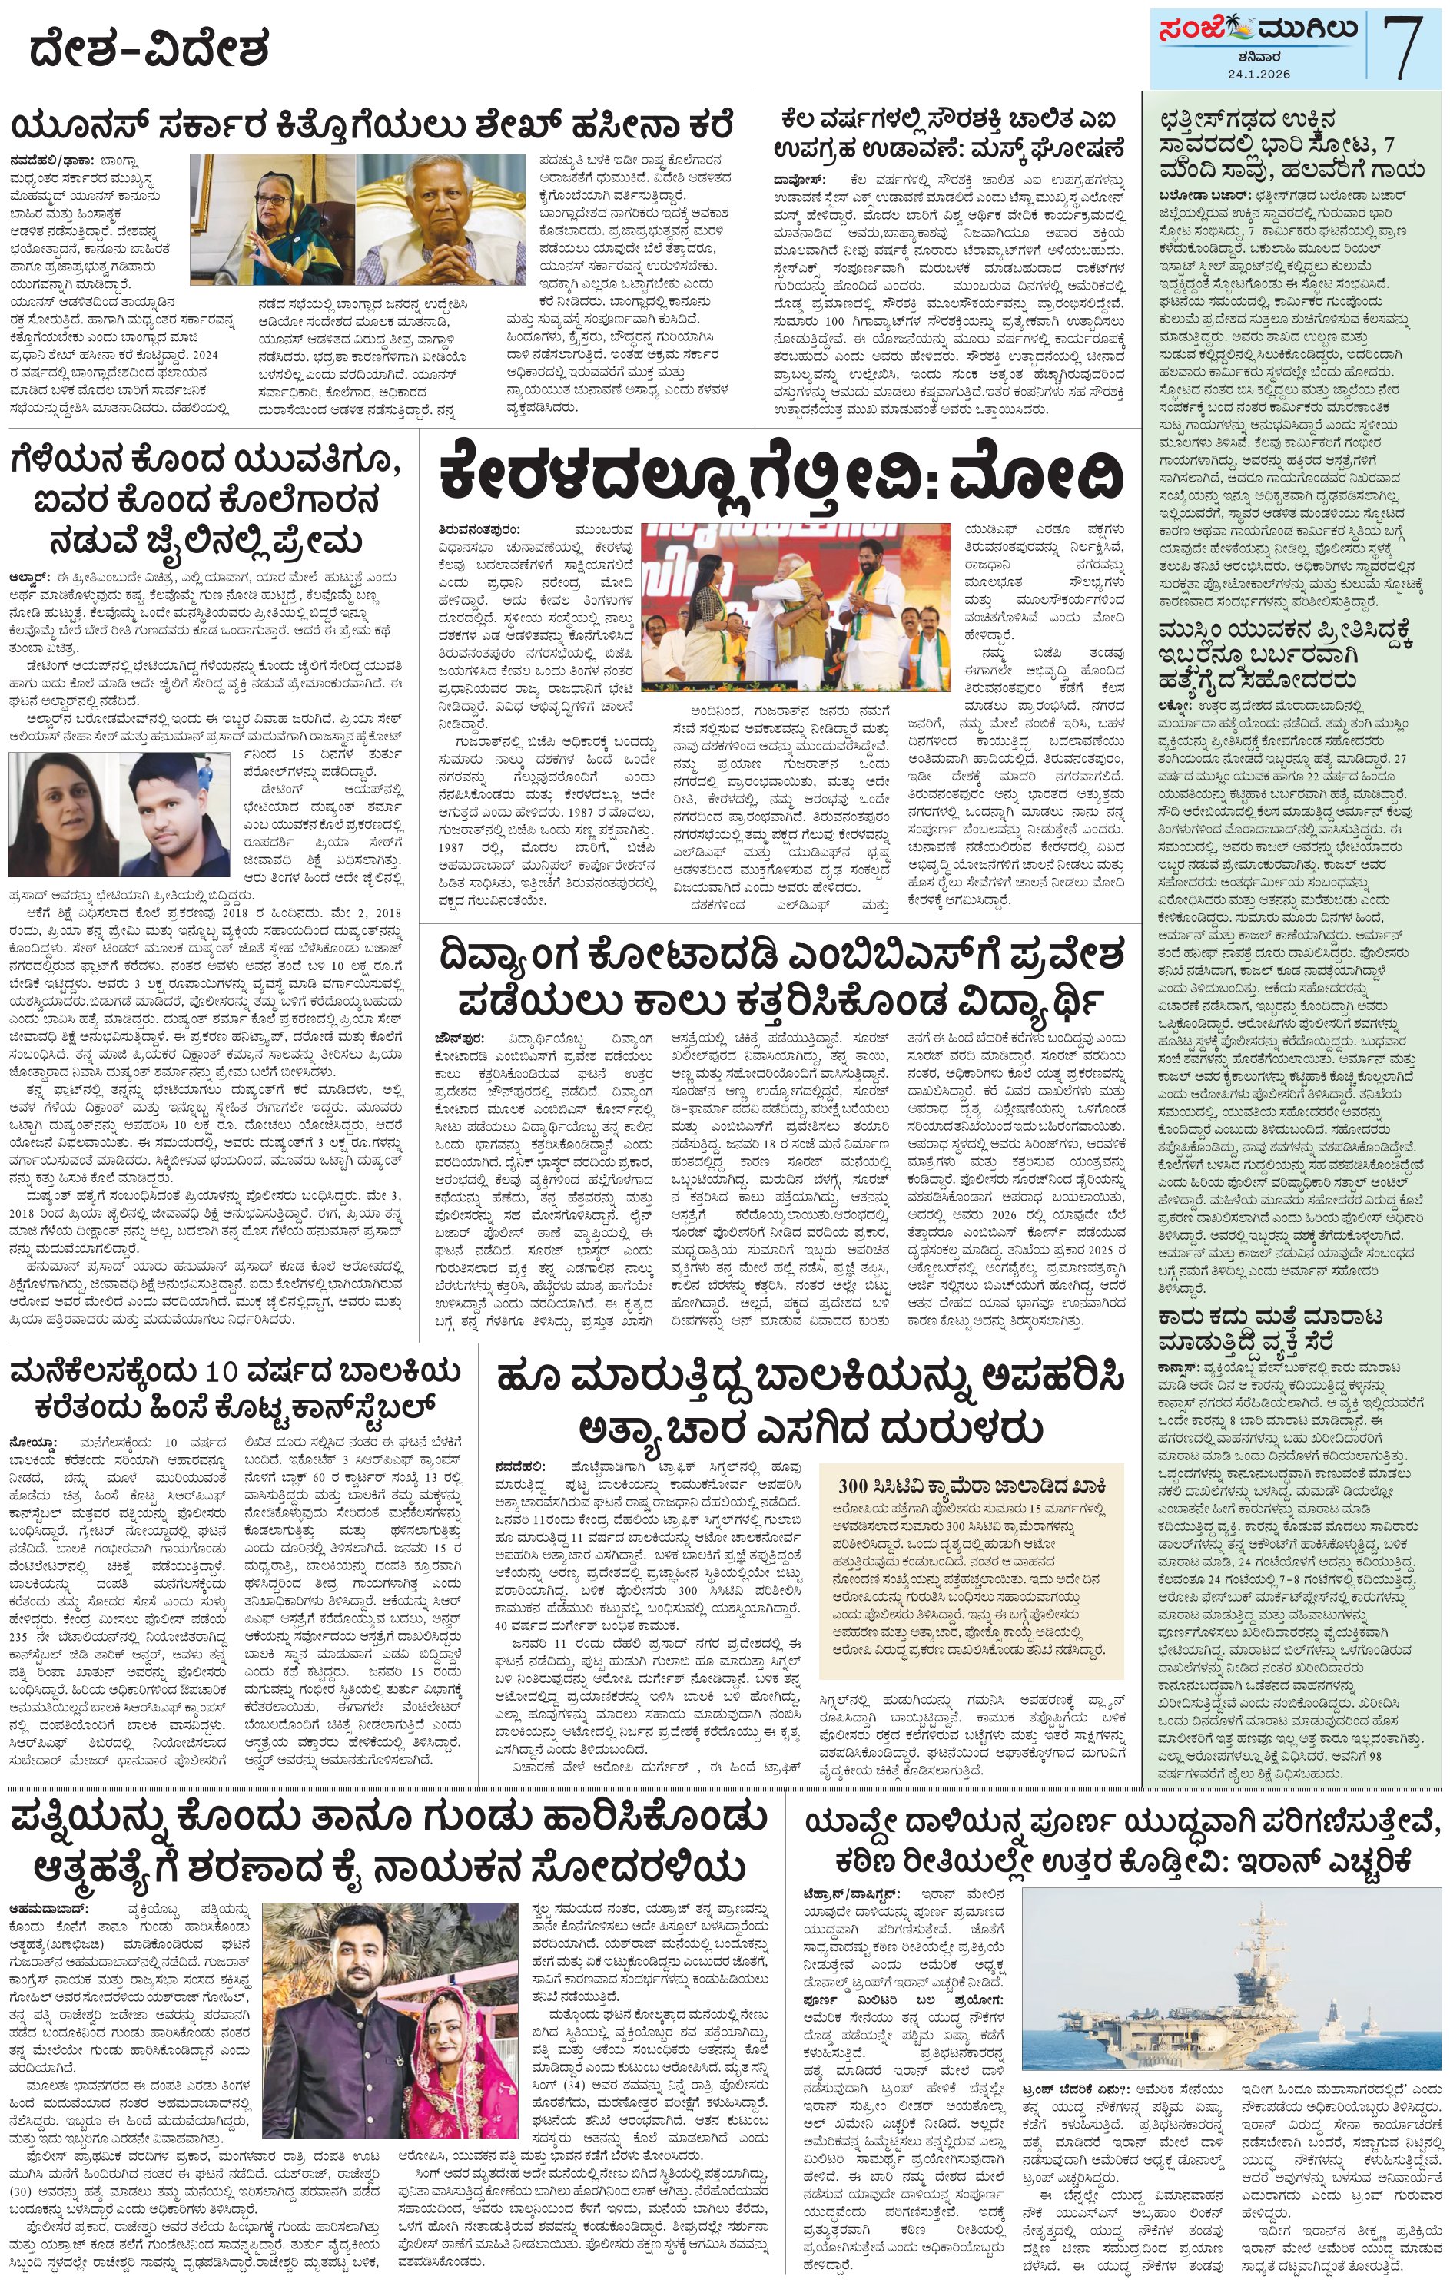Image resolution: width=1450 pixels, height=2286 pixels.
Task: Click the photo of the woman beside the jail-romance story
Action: click(x=65, y=813)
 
